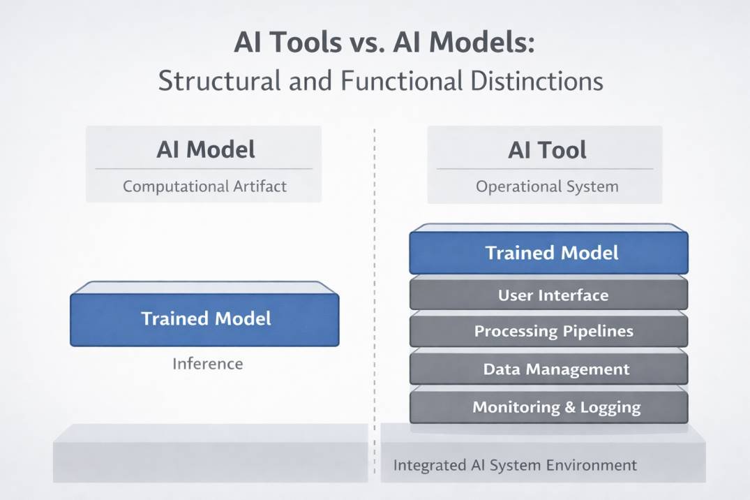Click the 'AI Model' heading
point(205,149)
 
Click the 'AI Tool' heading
point(547,150)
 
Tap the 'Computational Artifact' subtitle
point(204,186)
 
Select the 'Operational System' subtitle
point(547,186)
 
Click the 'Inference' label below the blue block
point(207,364)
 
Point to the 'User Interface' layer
point(553,295)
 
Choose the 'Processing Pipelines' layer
point(553,331)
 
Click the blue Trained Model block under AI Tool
point(551,252)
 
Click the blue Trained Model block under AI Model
point(206,319)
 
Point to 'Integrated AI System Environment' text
point(515,465)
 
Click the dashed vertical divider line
point(375,279)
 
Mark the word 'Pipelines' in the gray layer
point(601,331)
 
